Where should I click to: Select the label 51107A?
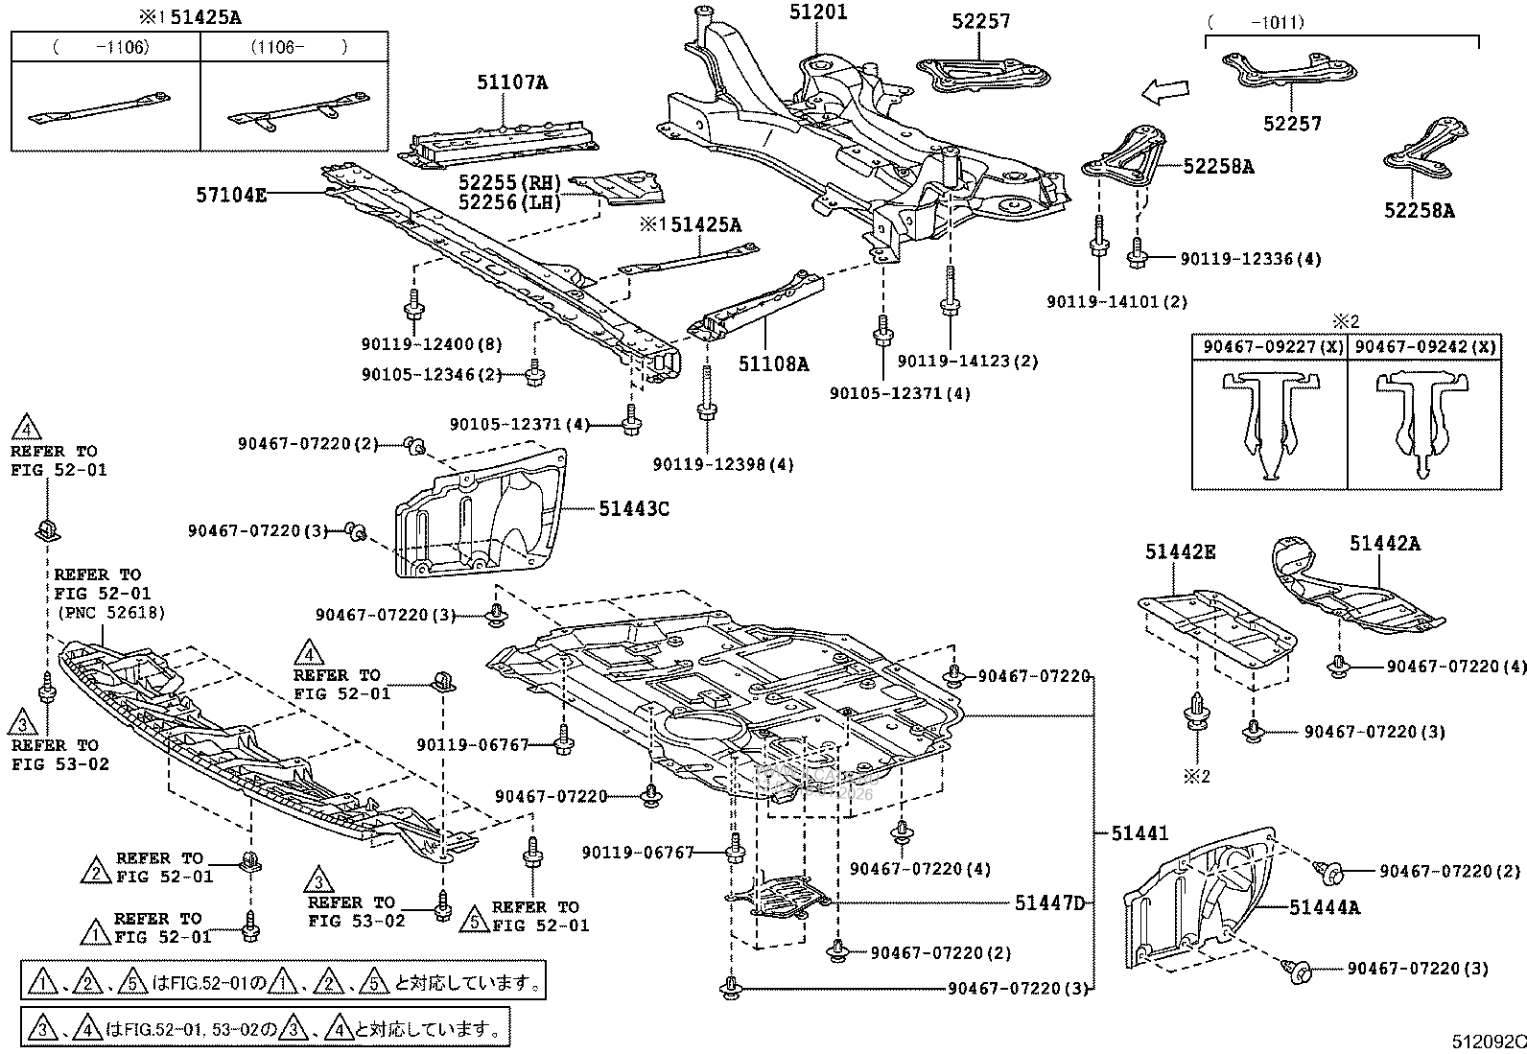point(512,83)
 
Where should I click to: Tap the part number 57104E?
point(231,195)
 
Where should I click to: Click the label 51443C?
point(634,508)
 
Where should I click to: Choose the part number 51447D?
point(1049,902)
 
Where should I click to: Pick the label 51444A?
point(1324,906)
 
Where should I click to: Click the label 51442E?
point(1180,551)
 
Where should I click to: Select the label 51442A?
point(1384,544)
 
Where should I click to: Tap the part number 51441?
point(1139,833)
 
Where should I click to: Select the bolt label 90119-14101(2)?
point(1116,301)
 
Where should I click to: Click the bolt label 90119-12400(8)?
point(433,344)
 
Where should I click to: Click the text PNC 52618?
point(110,612)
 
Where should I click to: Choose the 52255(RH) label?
point(509,182)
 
